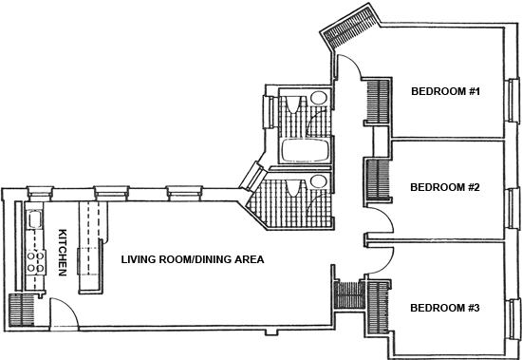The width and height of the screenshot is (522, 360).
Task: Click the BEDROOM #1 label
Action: coord(445,91)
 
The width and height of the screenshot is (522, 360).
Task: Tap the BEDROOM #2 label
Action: coord(445,187)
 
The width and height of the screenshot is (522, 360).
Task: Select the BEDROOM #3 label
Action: coord(445,308)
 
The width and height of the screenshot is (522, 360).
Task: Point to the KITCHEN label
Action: coord(63,253)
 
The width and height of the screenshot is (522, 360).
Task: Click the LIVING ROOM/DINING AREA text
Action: coord(193,259)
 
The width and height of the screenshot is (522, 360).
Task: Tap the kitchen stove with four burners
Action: coord(36,261)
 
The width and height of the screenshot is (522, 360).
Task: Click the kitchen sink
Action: coord(34,219)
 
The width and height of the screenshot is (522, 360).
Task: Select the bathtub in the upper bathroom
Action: coord(306,150)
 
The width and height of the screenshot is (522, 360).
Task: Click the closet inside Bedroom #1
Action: coord(378,101)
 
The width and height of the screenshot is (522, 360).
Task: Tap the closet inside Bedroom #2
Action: coord(378,180)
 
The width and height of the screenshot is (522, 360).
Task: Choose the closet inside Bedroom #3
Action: coord(378,308)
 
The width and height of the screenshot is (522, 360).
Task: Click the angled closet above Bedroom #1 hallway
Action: coord(349,26)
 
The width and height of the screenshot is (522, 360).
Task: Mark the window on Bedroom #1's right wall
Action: coord(514,100)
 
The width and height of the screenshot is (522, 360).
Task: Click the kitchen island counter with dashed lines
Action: coord(90,247)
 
